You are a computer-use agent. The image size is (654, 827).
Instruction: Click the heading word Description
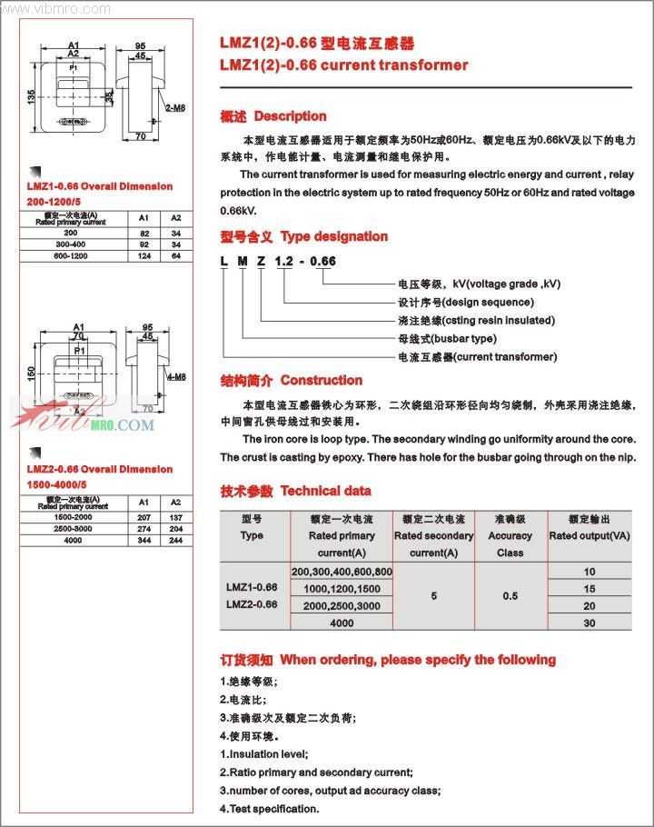pyautogui.click(x=290, y=116)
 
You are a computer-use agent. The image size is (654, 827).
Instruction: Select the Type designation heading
pyautogui.click(x=333, y=236)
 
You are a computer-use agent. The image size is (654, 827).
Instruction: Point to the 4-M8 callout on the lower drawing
pyautogui.click(x=176, y=376)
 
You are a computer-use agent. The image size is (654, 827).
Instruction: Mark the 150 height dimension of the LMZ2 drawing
pyautogui.click(x=30, y=372)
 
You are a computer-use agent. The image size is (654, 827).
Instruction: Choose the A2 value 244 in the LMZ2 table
pyautogui.click(x=176, y=540)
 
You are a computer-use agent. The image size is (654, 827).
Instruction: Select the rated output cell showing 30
pyautogui.click(x=590, y=623)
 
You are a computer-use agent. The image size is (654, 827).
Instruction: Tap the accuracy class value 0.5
pyautogui.click(x=510, y=596)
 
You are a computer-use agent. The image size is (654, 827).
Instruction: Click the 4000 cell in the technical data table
pyautogui.click(x=342, y=623)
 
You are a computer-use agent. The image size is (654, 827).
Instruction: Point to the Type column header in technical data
pyautogui.click(x=252, y=535)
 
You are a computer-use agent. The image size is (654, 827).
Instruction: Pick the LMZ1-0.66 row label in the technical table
pyautogui.click(x=252, y=587)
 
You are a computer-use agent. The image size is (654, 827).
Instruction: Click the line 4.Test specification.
pyautogui.click(x=269, y=808)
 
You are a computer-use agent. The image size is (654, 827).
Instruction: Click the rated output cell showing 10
pyautogui.click(x=590, y=571)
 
